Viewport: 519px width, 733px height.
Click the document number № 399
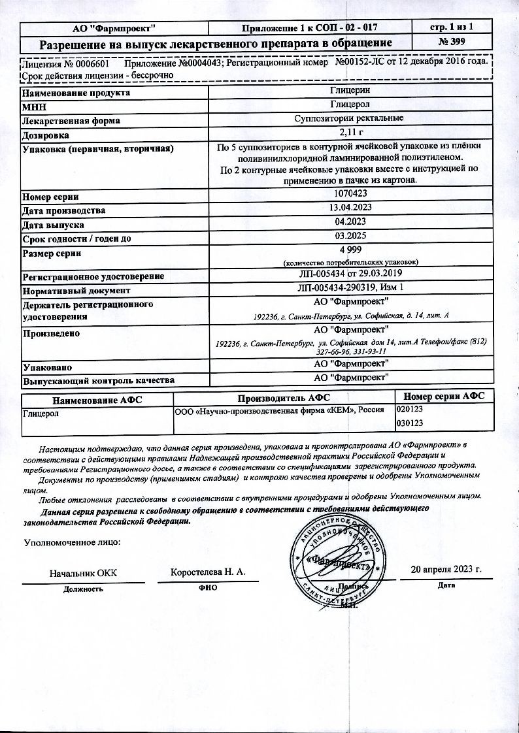pos(451,43)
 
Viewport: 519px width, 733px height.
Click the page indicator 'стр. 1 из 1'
pos(451,27)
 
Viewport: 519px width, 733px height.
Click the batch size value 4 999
pos(351,251)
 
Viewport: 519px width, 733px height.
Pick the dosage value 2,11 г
pos(351,135)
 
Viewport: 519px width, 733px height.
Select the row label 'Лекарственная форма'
pos(71,121)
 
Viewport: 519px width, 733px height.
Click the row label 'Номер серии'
pos(51,197)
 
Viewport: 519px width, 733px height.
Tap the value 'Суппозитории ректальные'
pos(351,119)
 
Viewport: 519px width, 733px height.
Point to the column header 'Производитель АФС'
pos(284,398)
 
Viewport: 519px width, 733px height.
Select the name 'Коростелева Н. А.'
pos(208,572)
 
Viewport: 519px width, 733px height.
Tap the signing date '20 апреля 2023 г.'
pos(446,570)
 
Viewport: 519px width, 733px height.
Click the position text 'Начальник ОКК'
pos(84,574)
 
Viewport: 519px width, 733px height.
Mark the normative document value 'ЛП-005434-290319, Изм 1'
pos(351,289)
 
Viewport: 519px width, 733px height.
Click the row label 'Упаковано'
pos(46,367)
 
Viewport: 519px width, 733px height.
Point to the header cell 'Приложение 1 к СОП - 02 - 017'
pos(310,27)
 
